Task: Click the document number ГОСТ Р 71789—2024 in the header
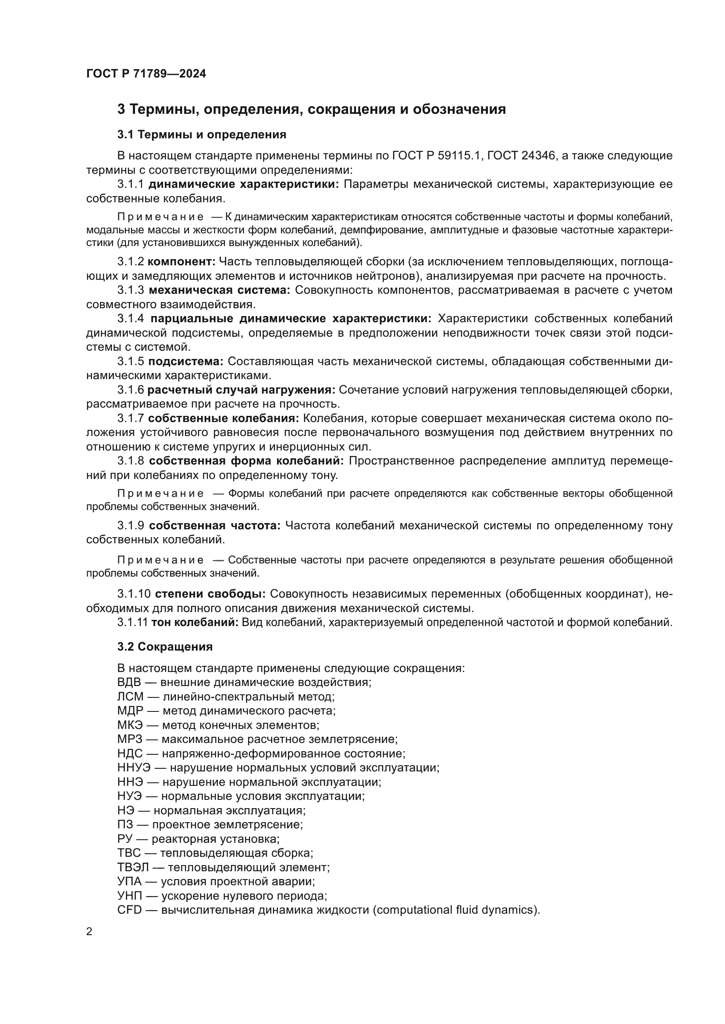[x=146, y=74]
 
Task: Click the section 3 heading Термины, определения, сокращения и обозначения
[x=311, y=109]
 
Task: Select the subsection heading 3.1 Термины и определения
[x=202, y=134]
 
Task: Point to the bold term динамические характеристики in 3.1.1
[x=243, y=184]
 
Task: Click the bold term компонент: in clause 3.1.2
[x=181, y=261]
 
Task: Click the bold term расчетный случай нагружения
[x=241, y=390]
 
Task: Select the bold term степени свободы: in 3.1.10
[x=210, y=594]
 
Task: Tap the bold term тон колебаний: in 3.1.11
[x=195, y=622]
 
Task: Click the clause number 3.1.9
[x=131, y=526]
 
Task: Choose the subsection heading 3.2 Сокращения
[x=165, y=647]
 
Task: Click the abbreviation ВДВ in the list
[x=129, y=683]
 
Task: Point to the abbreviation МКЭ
[x=129, y=725]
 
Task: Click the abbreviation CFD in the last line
[x=129, y=910]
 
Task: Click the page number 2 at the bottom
[x=89, y=932]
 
